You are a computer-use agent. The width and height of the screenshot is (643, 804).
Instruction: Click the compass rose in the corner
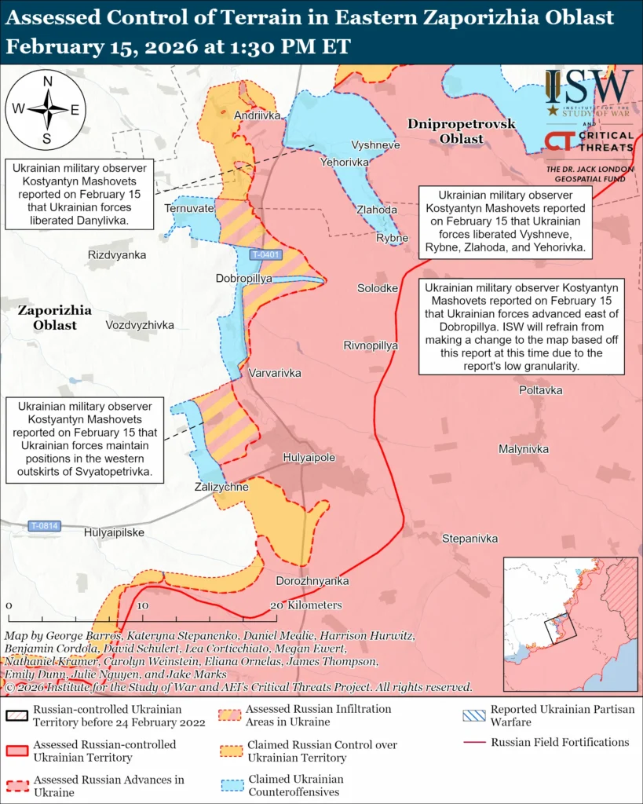(46, 108)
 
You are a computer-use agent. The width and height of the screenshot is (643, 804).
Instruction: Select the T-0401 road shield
(265, 255)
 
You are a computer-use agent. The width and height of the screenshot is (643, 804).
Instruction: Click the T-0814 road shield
(44, 525)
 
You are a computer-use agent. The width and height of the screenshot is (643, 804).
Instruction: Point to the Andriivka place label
(257, 115)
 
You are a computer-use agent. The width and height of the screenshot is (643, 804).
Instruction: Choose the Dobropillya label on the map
(243, 279)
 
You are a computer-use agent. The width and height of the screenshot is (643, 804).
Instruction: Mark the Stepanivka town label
(470, 539)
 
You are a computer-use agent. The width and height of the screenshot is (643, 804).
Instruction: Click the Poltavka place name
(540, 390)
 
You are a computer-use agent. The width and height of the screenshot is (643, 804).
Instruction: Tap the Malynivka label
(523, 449)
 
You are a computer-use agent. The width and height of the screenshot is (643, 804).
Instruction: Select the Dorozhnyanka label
(312, 581)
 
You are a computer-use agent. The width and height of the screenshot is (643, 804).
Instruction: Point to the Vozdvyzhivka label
(139, 324)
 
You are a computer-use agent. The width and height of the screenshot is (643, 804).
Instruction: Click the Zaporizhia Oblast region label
(54, 317)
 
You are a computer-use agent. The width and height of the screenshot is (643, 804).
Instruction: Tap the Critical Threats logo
(590, 141)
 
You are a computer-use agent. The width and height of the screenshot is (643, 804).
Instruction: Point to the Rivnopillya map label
(371, 345)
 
